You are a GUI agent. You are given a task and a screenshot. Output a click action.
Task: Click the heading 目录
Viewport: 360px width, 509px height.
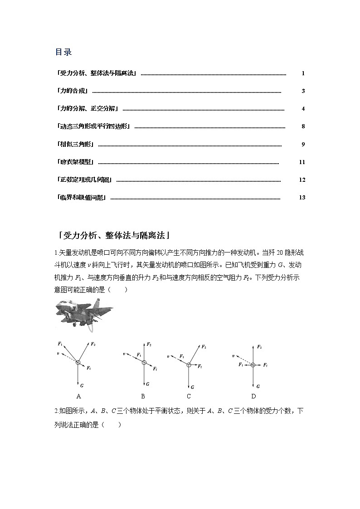(63, 52)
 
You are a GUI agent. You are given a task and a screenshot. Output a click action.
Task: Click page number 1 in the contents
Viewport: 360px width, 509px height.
(303, 73)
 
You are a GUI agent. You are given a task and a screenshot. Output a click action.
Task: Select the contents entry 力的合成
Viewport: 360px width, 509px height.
(73, 91)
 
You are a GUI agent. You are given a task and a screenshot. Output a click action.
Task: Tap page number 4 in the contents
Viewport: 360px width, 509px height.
(303, 109)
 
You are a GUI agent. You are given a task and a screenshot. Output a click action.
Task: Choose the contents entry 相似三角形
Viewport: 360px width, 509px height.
(76, 144)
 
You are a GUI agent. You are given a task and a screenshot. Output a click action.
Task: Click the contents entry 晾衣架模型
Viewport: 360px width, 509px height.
(76, 162)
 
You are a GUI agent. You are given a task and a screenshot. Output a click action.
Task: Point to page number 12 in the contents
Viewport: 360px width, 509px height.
(302, 179)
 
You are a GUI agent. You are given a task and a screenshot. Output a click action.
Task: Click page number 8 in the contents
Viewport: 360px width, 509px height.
(303, 126)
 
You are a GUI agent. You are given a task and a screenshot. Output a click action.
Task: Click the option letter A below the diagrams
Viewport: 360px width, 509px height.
(78, 396)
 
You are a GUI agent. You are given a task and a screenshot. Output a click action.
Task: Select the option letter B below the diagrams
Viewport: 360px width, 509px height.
(143, 396)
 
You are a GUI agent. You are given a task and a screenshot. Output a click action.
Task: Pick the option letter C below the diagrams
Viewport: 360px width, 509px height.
(189, 396)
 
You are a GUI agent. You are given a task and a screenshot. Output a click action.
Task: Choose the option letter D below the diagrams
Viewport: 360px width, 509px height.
(253, 396)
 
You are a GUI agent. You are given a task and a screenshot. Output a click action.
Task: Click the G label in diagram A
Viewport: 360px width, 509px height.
(82, 385)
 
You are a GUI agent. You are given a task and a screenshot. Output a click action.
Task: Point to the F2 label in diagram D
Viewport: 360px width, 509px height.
(259, 347)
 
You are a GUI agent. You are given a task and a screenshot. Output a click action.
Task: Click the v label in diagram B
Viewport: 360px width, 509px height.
(124, 354)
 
